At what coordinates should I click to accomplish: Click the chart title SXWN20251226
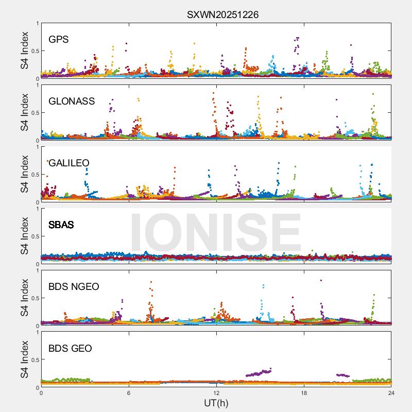point(222,15)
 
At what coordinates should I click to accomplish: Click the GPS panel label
point(59,39)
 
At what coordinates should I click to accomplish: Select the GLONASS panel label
point(72,101)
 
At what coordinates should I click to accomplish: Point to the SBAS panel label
point(61,225)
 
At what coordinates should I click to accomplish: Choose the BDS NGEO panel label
point(74,286)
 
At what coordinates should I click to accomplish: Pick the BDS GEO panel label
point(70,348)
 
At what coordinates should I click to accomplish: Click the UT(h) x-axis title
point(216,402)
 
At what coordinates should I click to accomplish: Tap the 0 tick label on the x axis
point(41,393)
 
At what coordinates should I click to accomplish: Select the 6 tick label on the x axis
point(129,393)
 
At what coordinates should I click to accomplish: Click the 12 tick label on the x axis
point(216,393)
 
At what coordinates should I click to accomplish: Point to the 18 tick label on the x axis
point(304,393)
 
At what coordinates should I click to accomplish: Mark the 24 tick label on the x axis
point(391,393)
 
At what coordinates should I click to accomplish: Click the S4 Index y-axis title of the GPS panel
point(25,50)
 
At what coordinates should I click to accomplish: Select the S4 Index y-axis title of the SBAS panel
point(25,236)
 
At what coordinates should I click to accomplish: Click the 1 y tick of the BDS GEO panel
point(37,332)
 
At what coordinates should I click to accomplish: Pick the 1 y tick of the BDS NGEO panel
point(37,270)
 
